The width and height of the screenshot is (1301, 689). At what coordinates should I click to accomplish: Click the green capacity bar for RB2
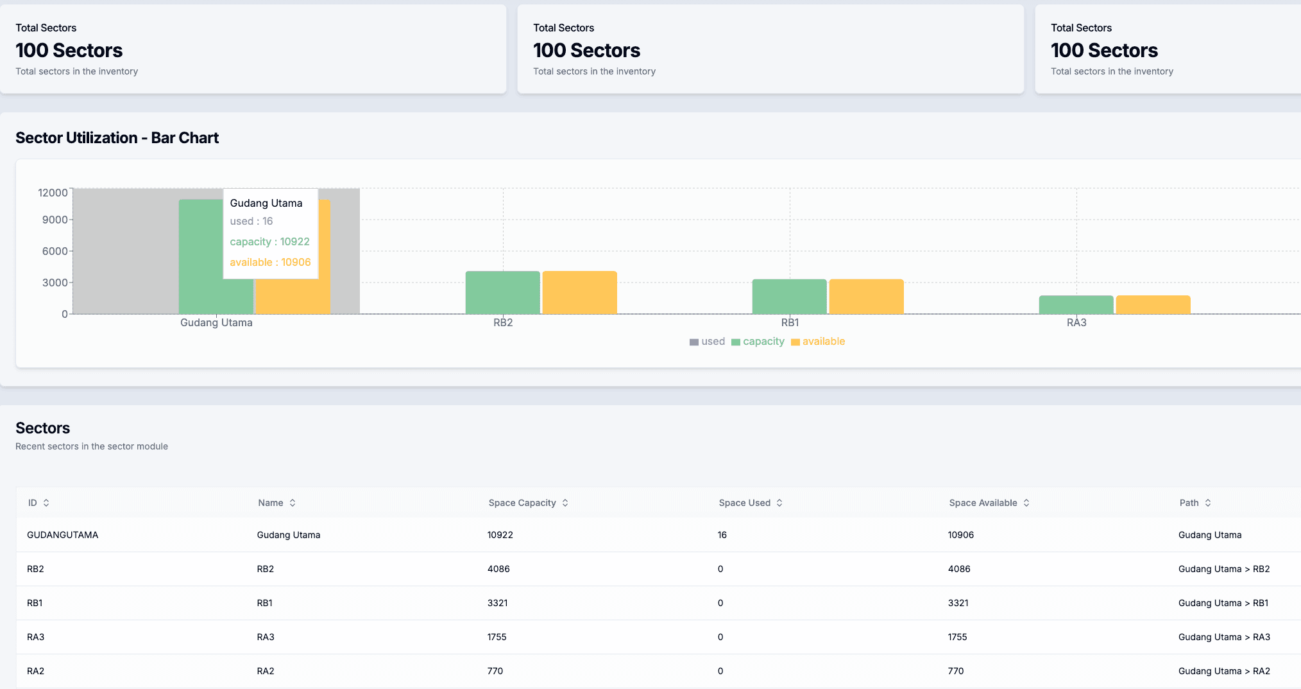[x=502, y=292]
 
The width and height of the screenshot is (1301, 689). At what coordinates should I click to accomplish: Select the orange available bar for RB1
[x=866, y=296]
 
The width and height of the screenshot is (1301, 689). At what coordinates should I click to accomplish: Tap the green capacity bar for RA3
[x=1076, y=304]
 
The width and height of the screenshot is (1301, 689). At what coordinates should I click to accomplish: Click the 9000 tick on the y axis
[x=55, y=220]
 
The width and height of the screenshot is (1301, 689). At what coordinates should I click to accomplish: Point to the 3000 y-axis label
[x=55, y=283]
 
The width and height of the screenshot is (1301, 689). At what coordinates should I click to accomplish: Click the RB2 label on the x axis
[x=503, y=322]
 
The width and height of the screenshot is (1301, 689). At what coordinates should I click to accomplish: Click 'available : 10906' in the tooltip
[x=270, y=262]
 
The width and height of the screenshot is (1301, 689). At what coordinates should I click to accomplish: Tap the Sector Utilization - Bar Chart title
[x=117, y=138]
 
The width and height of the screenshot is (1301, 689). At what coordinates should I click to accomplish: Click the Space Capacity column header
[x=522, y=503]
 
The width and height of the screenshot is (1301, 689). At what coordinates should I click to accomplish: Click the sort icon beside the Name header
[x=293, y=503]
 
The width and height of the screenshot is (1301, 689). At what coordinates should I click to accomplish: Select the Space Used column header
[x=744, y=503]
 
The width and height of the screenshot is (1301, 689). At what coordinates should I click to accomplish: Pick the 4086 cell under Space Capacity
[x=498, y=569]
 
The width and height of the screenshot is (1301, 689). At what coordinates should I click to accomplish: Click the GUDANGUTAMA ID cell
[x=62, y=535]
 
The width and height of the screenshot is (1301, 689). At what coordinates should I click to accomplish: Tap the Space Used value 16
[x=722, y=535]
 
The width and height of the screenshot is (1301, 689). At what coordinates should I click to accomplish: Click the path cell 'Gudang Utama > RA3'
[x=1223, y=637]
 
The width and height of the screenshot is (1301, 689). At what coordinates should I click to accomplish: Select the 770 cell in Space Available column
[x=955, y=671]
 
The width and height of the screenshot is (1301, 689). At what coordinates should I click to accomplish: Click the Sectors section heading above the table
[x=42, y=428]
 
